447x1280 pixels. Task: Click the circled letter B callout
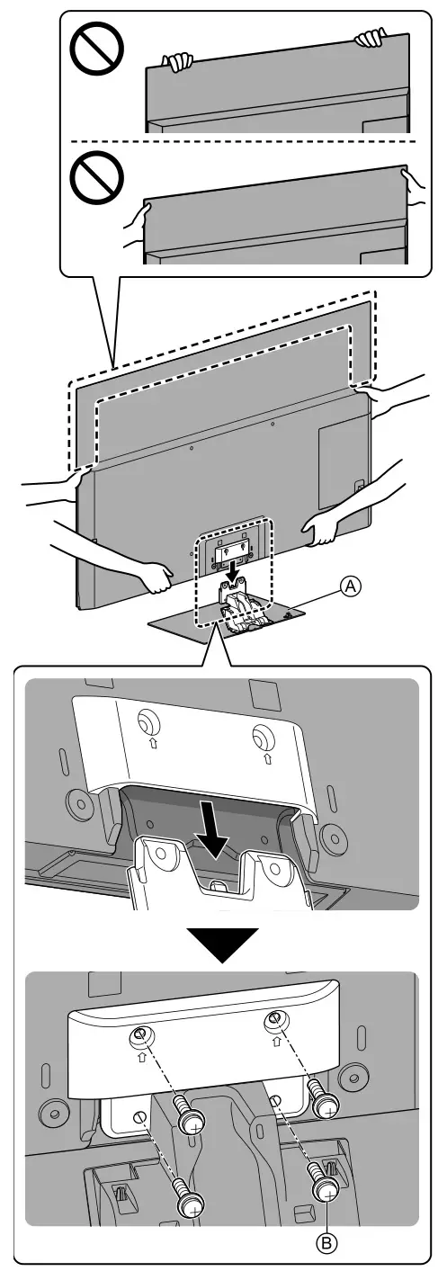[x=329, y=1244]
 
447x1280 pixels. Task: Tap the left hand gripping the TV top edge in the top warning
[x=176, y=62]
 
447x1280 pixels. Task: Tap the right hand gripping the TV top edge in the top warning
[x=370, y=38]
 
